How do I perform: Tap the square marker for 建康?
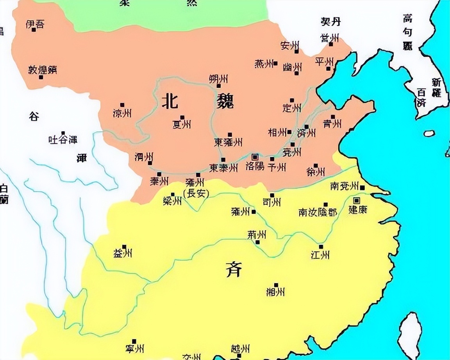point(356,201)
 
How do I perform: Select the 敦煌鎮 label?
point(43,70)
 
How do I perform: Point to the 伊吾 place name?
point(35,24)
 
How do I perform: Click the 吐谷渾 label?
point(63,139)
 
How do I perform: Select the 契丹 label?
point(330,21)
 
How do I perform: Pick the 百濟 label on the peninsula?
point(421,98)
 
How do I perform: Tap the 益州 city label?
point(122,254)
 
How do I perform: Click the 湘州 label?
point(275,292)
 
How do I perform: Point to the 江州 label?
point(320,255)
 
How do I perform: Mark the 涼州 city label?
point(122,113)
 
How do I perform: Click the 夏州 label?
point(182,124)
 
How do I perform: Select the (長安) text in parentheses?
point(196,193)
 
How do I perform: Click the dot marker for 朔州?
point(219,86)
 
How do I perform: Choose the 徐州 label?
point(316,172)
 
